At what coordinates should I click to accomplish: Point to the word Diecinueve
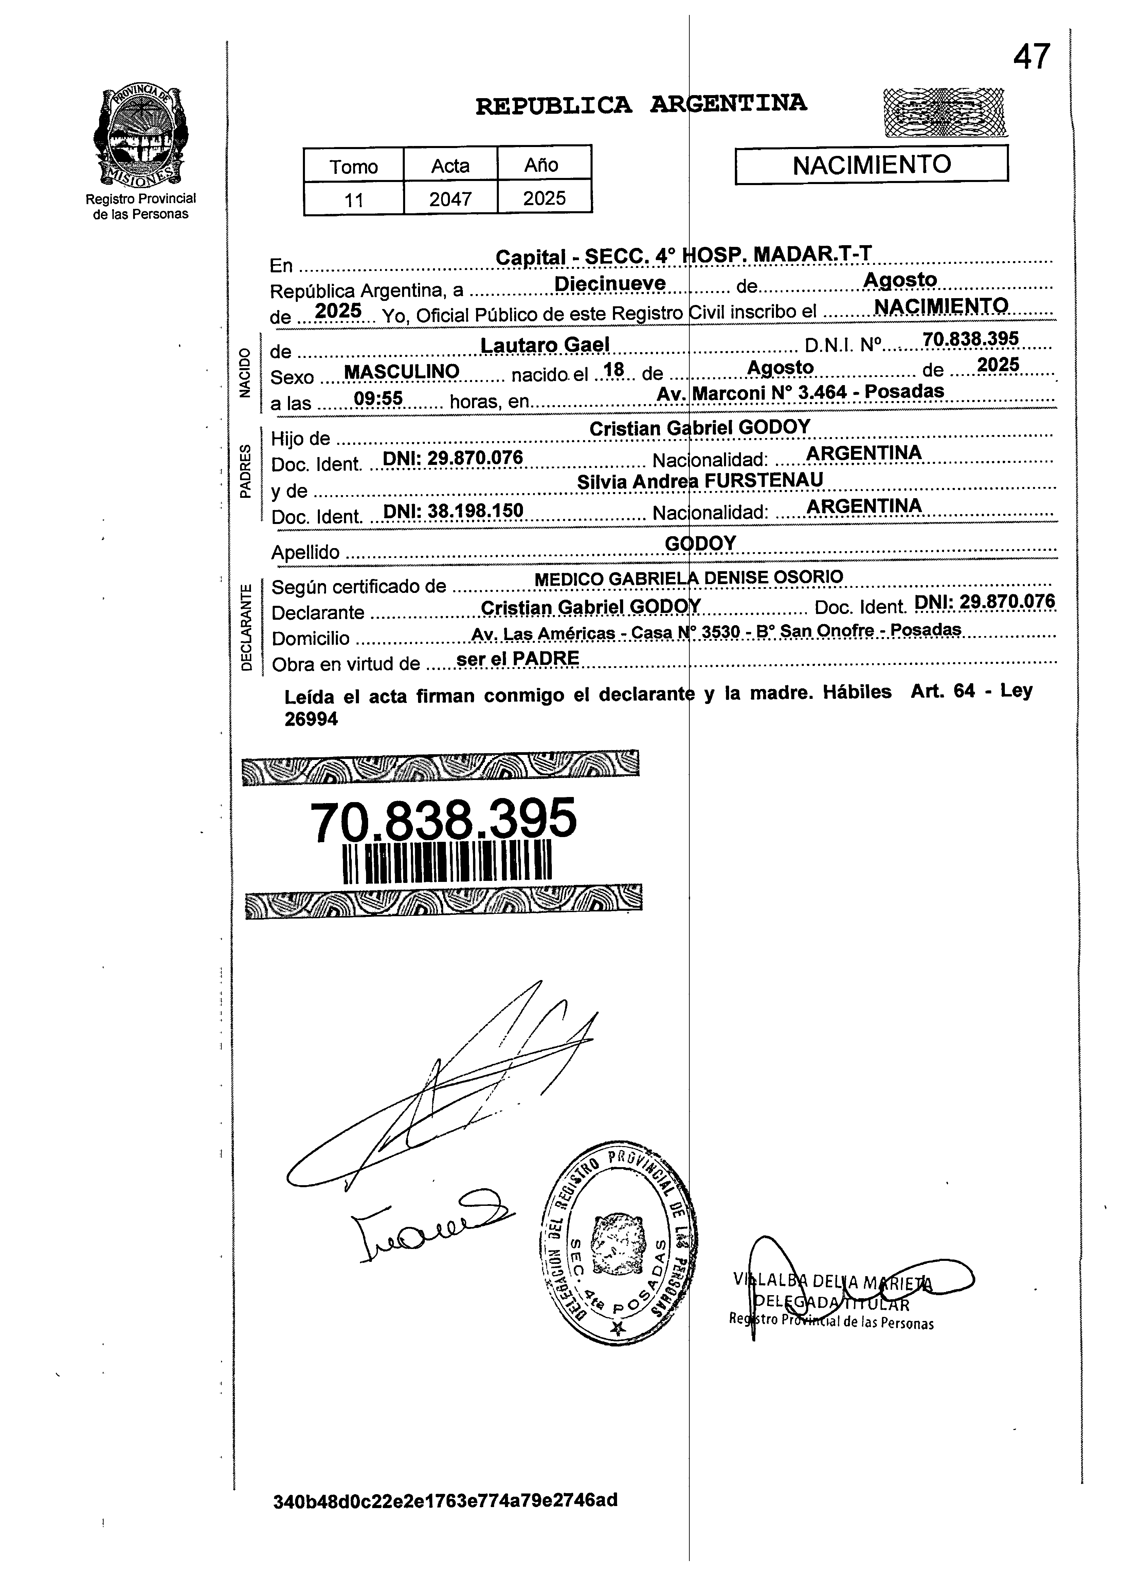click(x=611, y=284)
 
